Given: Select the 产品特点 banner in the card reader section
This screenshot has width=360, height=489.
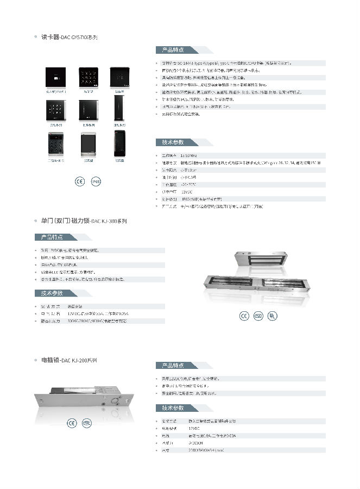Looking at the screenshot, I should click(173, 50).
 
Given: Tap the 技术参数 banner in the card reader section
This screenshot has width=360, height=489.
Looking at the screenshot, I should click(173, 142).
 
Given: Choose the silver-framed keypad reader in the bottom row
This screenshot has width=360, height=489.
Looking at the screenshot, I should click(57, 145).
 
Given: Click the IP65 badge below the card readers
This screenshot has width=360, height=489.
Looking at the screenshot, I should click(96, 181).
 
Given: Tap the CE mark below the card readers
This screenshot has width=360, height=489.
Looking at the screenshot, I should click(79, 181).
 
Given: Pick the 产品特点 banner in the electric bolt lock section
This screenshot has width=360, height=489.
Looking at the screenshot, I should click(173, 365).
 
